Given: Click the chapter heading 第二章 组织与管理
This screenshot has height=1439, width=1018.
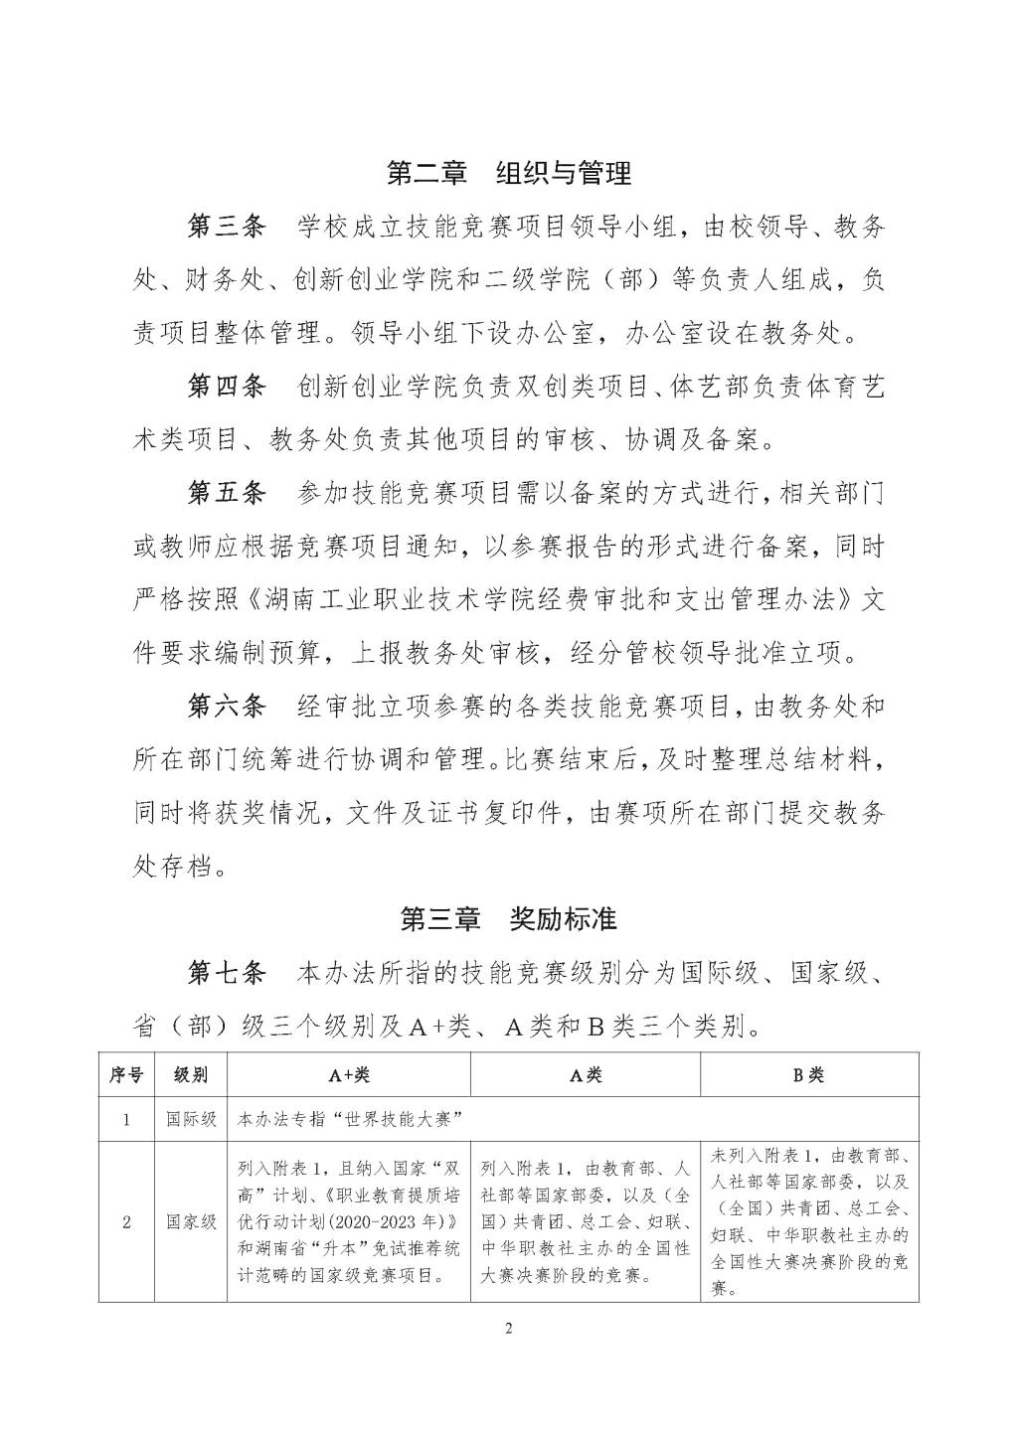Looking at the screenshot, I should [508, 174].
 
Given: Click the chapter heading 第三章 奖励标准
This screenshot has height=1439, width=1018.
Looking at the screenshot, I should [508, 919].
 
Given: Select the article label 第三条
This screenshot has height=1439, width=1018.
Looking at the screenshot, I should [227, 228].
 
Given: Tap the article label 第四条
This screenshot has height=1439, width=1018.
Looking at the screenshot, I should [227, 387].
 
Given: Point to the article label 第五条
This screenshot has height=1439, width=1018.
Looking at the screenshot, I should [227, 493].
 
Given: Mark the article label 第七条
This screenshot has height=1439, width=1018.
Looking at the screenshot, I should [227, 973].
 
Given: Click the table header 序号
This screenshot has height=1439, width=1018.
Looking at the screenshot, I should [126, 1075].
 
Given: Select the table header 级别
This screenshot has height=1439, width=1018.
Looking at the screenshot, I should [191, 1075].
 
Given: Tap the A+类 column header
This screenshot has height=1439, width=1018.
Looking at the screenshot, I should [349, 1075].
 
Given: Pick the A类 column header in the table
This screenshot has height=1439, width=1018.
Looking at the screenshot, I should [586, 1075].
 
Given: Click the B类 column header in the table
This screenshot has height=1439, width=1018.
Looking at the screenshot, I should [809, 1075].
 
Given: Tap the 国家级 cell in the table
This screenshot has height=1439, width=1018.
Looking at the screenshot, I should [191, 1222].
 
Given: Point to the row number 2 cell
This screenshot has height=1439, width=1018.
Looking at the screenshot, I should [126, 1222].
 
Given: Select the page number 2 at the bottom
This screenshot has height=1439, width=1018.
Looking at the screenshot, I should [508, 1329].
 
